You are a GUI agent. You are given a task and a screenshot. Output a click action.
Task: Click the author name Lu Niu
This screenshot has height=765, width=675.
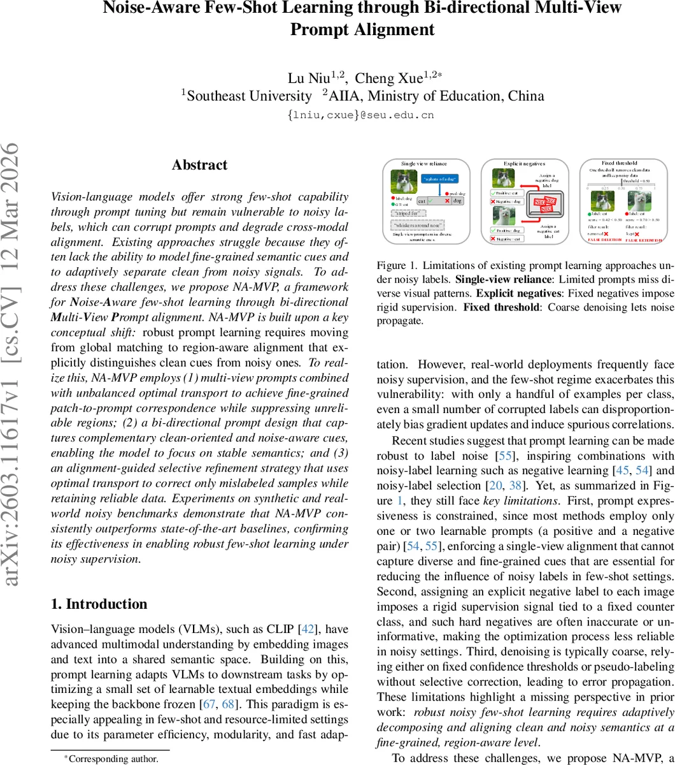tap(308, 78)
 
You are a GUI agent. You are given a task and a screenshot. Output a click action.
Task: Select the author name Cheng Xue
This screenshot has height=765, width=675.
tap(388, 78)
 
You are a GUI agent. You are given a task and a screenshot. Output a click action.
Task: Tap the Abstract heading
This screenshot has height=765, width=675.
tap(199, 165)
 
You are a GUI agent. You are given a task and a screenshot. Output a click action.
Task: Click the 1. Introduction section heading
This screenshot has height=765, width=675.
tap(99, 604)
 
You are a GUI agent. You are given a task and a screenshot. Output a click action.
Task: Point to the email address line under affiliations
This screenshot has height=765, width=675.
tap(361, 115)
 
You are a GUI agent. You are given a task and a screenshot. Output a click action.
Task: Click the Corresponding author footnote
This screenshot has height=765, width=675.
tap(111, 759)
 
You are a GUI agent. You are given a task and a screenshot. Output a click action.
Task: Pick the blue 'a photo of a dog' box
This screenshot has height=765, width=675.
tap(439, 180)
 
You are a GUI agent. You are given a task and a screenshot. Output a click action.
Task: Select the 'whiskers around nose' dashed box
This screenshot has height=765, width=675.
tap(417, 224)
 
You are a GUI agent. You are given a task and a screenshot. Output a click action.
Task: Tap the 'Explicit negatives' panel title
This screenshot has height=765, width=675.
tap(524, 164)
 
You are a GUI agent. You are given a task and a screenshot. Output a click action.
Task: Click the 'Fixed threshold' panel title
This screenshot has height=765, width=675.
tap(619, 163)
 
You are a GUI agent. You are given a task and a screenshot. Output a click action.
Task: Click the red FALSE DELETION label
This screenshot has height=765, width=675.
tap(604, 240)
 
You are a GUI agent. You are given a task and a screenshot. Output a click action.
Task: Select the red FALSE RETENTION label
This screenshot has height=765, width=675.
tap(644, 240)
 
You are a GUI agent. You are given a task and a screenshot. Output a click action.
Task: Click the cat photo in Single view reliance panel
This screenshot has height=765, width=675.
tap(404, 182)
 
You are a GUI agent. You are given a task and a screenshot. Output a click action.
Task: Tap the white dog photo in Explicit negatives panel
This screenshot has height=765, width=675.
tap(503, 216)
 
